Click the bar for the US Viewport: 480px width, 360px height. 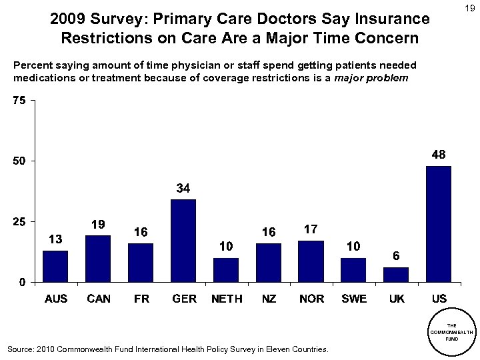pyautogui.click(x=439, y=223)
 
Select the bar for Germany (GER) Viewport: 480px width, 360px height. pyautogui.click(x=183, y=240)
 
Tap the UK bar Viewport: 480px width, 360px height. pyautogui.click(x=396, y=274)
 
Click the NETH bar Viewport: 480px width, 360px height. pyautogui.click(x=226, y=269)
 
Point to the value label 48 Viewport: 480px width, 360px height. pyautogui.click(x=439, y=154)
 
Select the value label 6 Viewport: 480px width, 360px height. pyautogui.click(x=396, y=256)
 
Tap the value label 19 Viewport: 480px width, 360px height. pyautogui.click(x=99, y=225)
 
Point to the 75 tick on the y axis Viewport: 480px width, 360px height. pyautogui.click(x=19, y=101)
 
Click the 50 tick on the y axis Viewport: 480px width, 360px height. pyautogui.click(x=19, y=161)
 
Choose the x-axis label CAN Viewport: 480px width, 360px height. pyautogui.click(x=99, y=299)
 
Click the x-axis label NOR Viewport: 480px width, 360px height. pyautogui.click(x=311, y=299)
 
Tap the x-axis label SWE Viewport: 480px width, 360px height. pyautogui.click(x=354, y=299)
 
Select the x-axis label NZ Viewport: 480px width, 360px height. pyautogui.click(x=269, y=299)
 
